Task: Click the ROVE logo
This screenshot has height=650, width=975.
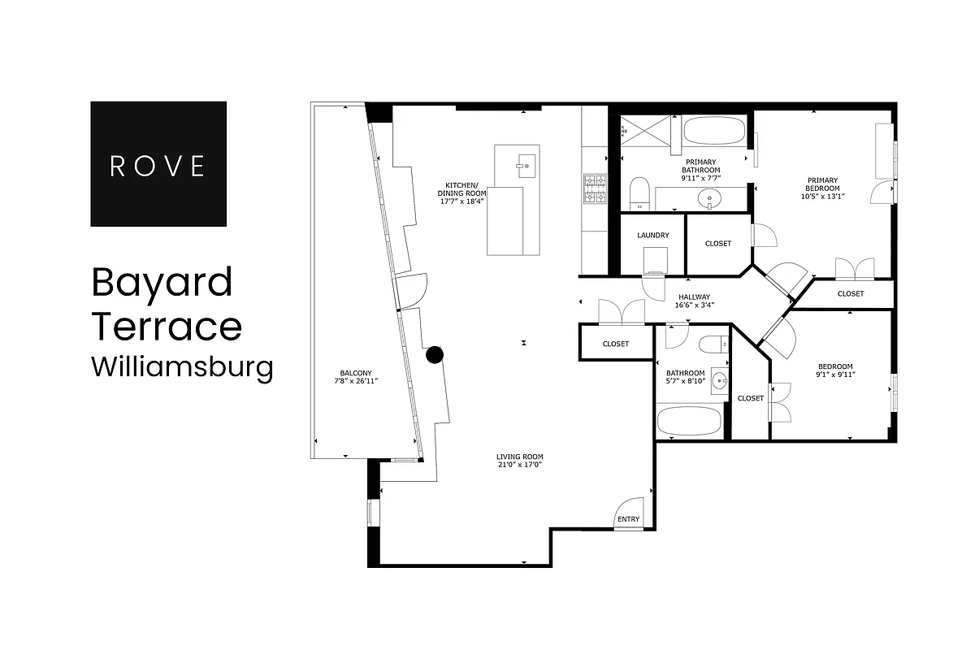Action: point(158,164)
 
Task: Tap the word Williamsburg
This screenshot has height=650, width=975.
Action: point(181,366)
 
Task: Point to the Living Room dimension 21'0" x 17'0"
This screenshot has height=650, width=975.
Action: point(519,466)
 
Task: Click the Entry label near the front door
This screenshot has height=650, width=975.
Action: point(628,519)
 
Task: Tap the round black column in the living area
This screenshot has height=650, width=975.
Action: point(435,354)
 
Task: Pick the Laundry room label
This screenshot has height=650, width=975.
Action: point(653,236)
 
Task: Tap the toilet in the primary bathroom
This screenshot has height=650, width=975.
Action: point(639,192)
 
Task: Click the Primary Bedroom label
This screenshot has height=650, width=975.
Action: point(822,188)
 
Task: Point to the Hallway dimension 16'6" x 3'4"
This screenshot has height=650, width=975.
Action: point(694,305)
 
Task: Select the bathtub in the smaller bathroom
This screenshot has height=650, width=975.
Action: point(689,421)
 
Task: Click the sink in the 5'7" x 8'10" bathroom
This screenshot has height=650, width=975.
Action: point(718,380)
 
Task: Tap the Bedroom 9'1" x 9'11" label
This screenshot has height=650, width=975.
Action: point(835,370)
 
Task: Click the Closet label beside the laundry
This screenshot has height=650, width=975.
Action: point(718,244)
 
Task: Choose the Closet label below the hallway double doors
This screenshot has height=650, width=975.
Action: point(616,344)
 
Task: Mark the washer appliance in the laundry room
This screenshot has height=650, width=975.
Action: point(655,261)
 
